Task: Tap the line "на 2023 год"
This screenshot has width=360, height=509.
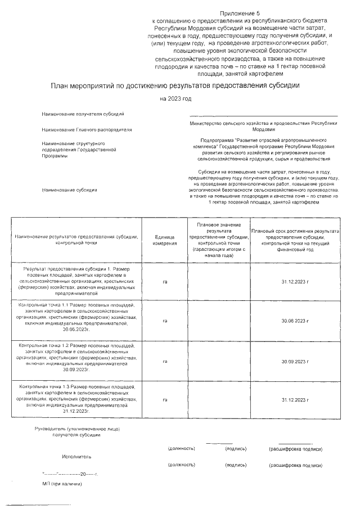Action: [x=175, y=99]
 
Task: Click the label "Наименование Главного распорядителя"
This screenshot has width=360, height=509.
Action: [x=87, y=129]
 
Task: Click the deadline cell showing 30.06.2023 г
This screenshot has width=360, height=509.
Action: [x=295, y=321]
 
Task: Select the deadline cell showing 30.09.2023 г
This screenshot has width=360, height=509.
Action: [x=295, y=361]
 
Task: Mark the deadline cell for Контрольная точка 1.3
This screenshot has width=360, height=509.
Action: [x=295, y=399]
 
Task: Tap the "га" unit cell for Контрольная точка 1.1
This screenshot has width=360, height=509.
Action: [x=165, y=321]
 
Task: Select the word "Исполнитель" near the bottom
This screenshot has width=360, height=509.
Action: [x=76, y=457]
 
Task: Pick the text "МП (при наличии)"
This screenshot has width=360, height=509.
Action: [x=62, y=483]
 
